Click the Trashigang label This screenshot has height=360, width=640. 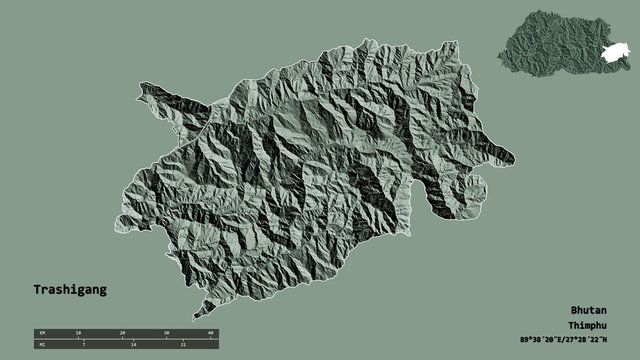pos(69,289)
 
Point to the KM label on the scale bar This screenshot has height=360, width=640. pos(42,331)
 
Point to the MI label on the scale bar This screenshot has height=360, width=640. pos(42,343)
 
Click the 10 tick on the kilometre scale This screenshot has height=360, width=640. pos(78,331)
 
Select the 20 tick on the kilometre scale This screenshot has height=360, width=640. pos(122,331)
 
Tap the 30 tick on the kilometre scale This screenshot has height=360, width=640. pos(167,331)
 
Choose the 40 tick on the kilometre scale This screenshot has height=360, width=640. pos(211,331)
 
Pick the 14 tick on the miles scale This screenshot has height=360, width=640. pos(134,343)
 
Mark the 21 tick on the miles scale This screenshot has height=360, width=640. pos(186,343)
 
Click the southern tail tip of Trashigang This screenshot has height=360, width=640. pos(197,313)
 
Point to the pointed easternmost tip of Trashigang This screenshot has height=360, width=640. pos(513,156)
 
